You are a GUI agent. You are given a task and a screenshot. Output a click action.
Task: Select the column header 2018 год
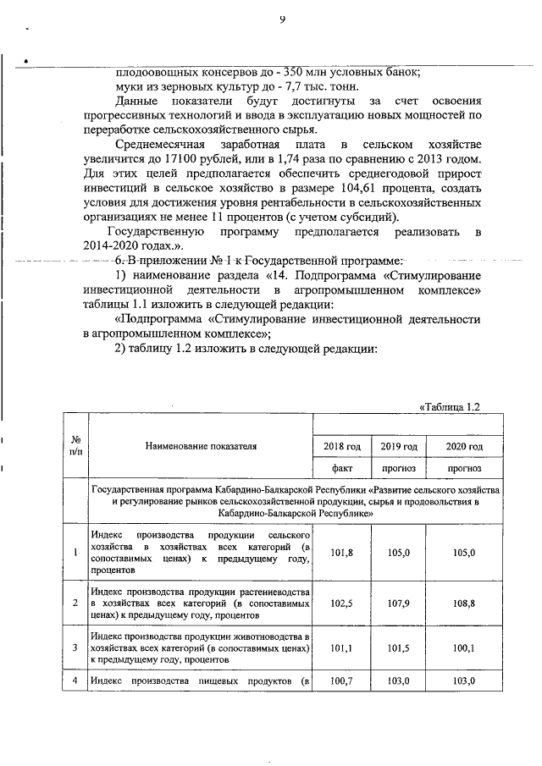343,446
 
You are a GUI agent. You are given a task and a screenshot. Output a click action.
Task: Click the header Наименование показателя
200,445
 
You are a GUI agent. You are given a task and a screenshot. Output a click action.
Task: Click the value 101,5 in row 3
400,649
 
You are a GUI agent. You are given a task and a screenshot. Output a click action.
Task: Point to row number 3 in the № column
75,649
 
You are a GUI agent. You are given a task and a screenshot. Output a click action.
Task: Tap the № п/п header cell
75,446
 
